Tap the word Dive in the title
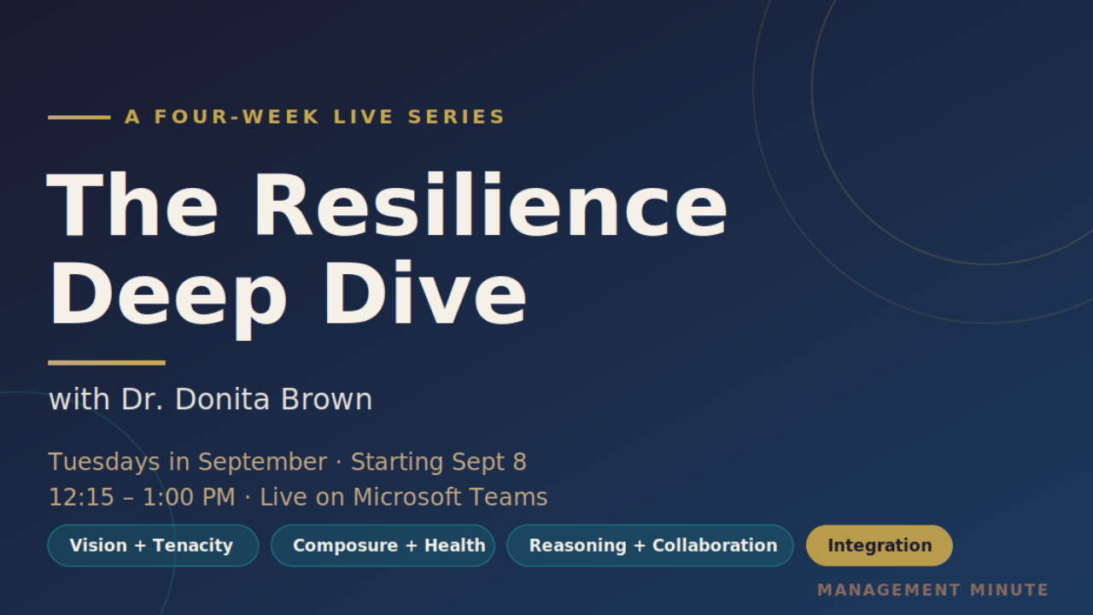pyautogui.click(x=425, y=292)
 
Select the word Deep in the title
pyautogui.click(x=168, y=299)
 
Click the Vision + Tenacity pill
pyautogui.click(x=153, y=545)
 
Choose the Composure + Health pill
pyautogui.click(x=383, y=545)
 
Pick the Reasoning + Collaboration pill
pyautogui.click(x=650, y=545)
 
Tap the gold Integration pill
pyautogui.click(x=880, y=545)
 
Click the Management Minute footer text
pyautogui.click(x=933, y=590)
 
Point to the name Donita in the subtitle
pyautogui.click(x=222, y=399)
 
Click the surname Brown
pyautogui.click(x=326, y=399)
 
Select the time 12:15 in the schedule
pyautogui.click(x=81, y=497)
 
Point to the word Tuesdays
pyautogui.click(x=104, y=462)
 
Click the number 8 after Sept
pyautogui.click(x=520, y=462)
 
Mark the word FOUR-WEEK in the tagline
pyautogui.click(x=237, y=117)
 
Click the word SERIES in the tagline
pyautogui.click(x=457, y=117)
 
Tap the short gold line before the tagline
pyautogui.click(x=79, y=117)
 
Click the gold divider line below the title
pyautogui.click(x=107, y=363)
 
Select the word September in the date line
pyautogui.click(x=262, y=462)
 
